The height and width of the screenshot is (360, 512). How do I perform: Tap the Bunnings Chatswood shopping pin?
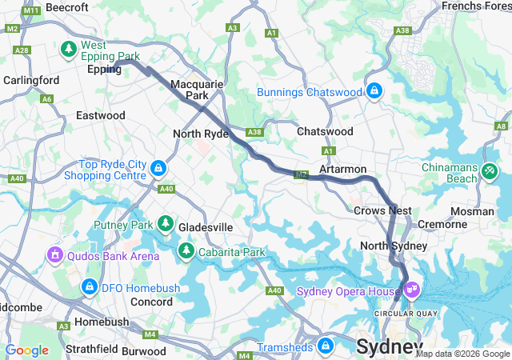pos(374,92)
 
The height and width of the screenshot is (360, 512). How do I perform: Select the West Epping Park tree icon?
pos(70,50)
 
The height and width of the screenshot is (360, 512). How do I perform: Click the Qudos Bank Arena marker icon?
pos(55,256)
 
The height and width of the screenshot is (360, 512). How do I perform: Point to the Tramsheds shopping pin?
pos(325,346)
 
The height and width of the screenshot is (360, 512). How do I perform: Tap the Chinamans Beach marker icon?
pos(490,170)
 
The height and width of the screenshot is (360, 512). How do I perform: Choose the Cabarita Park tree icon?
pos(186,253)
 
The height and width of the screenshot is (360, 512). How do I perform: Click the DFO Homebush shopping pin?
pos(89,286)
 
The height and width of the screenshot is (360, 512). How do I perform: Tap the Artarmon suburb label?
pos(342,170)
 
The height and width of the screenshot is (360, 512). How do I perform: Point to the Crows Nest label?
pos(382,210)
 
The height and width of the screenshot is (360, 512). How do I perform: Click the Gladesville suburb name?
pos(206,227)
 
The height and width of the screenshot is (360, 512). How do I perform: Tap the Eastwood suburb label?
pos(101,115)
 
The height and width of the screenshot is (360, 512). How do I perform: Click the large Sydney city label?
pos(389,347)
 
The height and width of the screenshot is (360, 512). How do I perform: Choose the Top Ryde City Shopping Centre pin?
pos(158,169)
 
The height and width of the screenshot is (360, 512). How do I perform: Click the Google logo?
pos(27,350)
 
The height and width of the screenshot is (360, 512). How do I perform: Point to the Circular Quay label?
pos(399,312)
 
